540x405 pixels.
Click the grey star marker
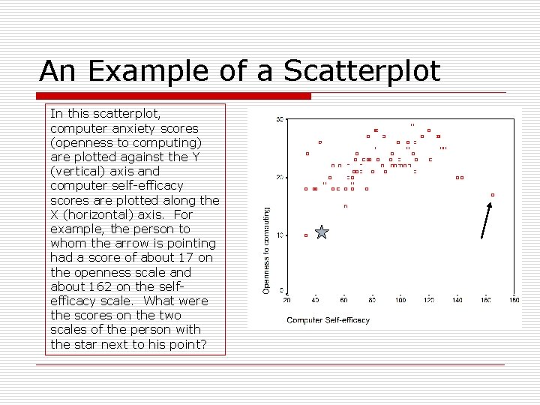pos(322,232)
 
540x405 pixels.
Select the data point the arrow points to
pos(493,195)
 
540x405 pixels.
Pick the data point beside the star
pos(306,235)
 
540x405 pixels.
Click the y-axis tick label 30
pos(280,120)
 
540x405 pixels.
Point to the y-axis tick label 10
pos(280,235)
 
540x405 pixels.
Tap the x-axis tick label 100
pos(400,301)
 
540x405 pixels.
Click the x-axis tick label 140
pos(457,301)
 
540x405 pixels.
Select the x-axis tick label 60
pos(343,301)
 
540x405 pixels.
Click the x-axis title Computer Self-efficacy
pos(328,320)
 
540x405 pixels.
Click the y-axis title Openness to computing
pos(266,250)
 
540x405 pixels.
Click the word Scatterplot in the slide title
pos(361,71)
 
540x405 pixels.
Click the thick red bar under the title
pos(173,96)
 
